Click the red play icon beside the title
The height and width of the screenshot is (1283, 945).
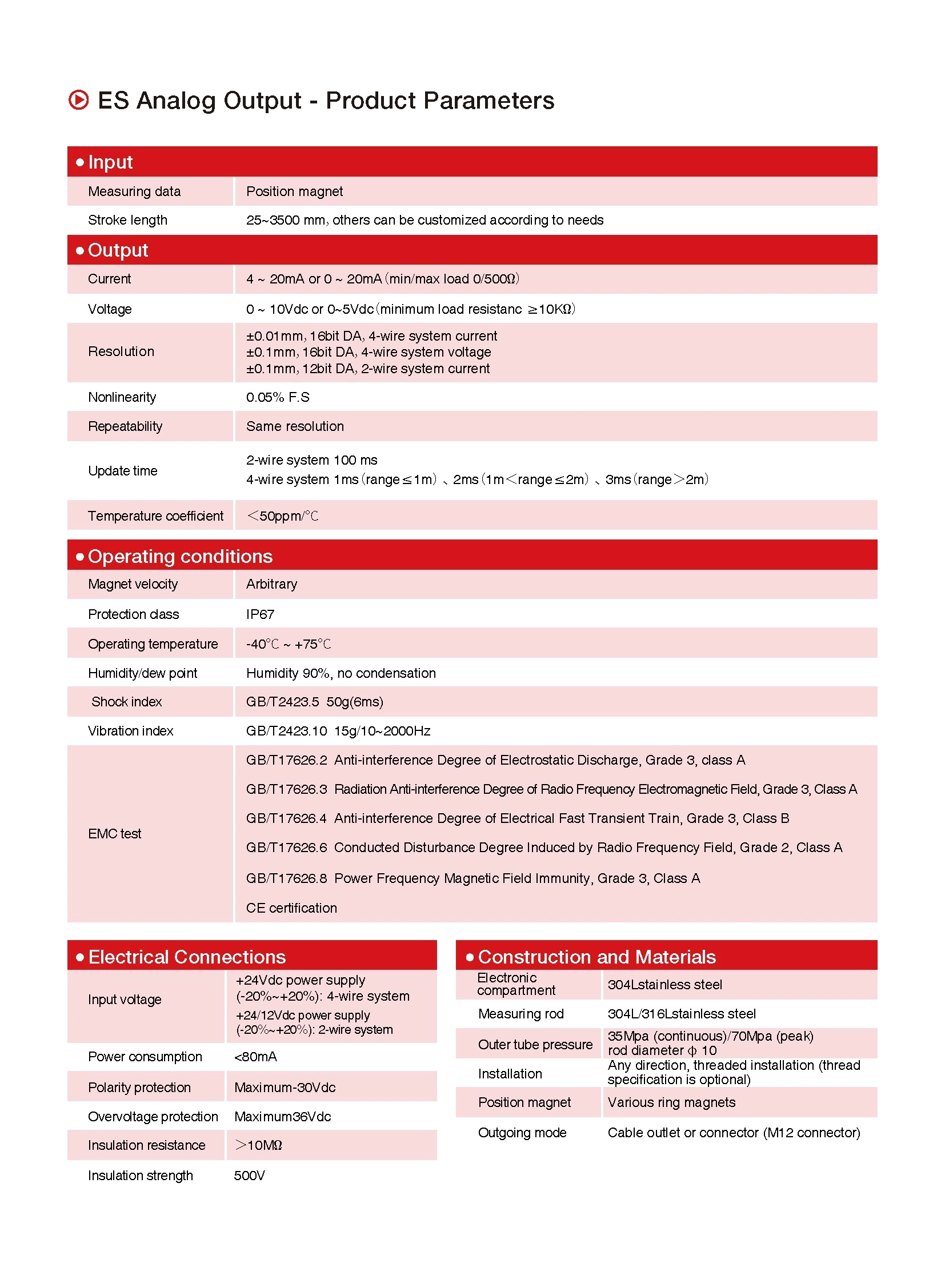(x=79, y=100)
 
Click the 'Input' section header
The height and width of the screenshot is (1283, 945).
(x=110, y=162)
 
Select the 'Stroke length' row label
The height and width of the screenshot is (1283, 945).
(x=127, y=221)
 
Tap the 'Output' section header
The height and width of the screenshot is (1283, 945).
(x=118, y=251)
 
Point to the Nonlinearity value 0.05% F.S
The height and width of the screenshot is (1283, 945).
(x=278, y=397)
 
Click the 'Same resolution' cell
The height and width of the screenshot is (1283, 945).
(x=295, y=426)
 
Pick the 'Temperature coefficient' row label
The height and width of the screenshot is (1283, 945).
(x=155, y=516)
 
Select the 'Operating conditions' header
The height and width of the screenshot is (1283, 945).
(x=180, y=556)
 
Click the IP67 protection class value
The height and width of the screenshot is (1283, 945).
(x=260, y=614)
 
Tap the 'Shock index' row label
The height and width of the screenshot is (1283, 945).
(x=126, y=702)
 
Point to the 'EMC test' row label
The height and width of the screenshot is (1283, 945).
(x=114, y=834)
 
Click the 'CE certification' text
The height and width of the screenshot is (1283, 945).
(x=291, y=908)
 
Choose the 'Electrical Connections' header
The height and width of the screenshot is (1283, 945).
(x=187, y=957)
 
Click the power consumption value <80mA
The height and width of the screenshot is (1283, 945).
(x=255, y=1057)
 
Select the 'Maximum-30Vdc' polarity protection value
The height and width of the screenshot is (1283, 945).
(x=285, y=1088)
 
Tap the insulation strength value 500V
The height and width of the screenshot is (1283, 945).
(x=249, y=1176)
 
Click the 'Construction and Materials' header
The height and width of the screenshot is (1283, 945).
(x=596, y=957)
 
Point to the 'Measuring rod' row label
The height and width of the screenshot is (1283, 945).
(x=520, y=1014)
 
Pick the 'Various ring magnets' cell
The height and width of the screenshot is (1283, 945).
(x=671, y=1103)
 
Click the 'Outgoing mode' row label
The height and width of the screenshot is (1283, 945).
(x=522, y=1133)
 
